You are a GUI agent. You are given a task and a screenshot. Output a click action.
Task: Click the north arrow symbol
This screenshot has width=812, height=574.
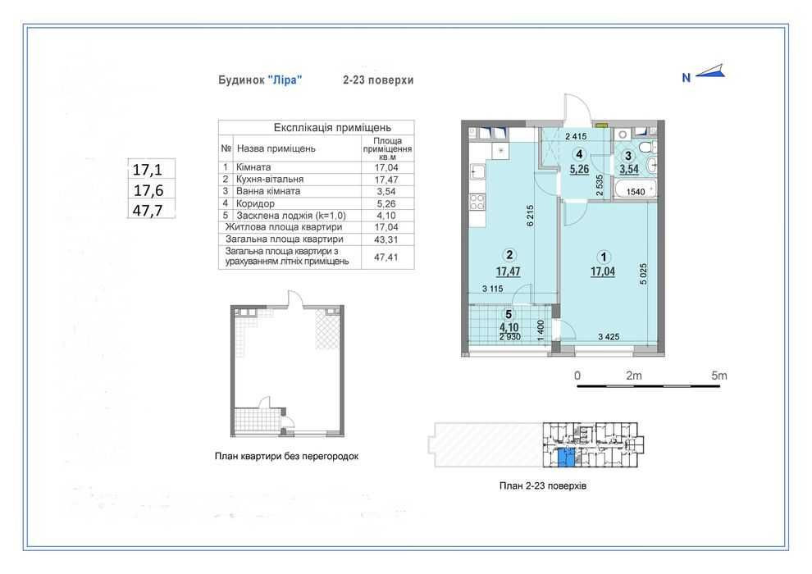tap(710, 73)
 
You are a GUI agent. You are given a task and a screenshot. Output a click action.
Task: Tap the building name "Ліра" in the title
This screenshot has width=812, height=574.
tap(285, 80)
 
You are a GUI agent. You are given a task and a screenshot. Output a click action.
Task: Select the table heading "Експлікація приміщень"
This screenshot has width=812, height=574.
tap(332, 127)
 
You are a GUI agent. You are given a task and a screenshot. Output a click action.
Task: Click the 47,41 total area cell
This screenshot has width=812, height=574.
tap(386, 257)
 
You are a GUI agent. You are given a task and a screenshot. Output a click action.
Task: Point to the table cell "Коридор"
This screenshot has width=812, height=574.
tap(255, 203)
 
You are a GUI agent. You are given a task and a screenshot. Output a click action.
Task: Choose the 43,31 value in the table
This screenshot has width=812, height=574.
tap(386, 239)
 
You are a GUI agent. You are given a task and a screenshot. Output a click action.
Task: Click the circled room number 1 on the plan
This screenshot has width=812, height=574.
tap(604, 257)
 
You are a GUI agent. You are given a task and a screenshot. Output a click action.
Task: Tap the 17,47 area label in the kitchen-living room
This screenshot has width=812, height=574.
tap(508, 271)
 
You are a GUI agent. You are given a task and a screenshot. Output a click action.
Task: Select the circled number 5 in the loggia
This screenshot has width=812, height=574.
tap(509, 314)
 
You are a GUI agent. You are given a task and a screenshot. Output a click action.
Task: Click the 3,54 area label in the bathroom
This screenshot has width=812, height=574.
tap(629, 169)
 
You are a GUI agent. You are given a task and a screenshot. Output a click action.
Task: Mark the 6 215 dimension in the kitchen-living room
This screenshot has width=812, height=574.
tap(530, 216)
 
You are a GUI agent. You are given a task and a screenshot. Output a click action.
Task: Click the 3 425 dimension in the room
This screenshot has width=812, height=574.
tap(609, 336)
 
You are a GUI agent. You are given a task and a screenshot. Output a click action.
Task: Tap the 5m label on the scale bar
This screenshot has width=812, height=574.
tap(718, 376)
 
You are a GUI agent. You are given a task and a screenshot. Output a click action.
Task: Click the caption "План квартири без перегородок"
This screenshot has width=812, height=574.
tap(286, 456)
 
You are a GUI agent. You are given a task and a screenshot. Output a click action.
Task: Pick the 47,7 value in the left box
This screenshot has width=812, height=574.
tap(148, 211)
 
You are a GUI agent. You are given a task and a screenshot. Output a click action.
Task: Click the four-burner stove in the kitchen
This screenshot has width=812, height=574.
tap(477, 202)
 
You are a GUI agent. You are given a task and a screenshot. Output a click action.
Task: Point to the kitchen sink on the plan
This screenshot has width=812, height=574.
tap(477, 171)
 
